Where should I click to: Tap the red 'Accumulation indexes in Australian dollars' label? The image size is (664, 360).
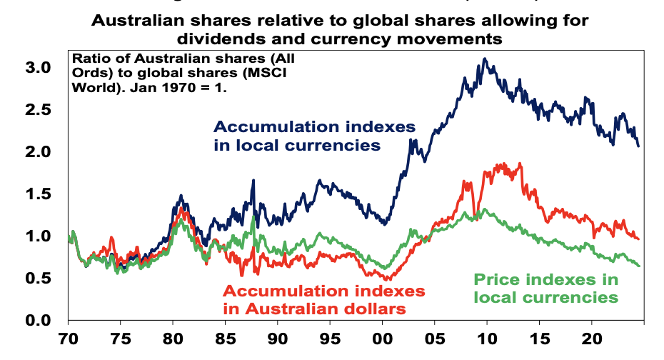point(325,300)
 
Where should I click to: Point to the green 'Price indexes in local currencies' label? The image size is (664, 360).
point(546,288)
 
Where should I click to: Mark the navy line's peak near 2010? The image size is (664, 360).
point(485,59)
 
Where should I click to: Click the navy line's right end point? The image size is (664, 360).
point(638,146)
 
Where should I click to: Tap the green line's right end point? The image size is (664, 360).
point(639,266)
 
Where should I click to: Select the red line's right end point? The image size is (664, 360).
point(638,239)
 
